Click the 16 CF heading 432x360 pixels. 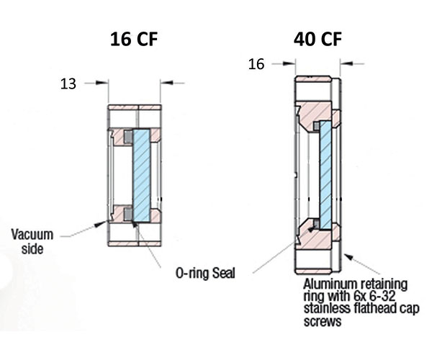click(133, 39)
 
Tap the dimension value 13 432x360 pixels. click(68, 84)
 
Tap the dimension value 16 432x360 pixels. click(256, 64)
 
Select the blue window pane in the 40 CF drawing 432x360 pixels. click(325, 174)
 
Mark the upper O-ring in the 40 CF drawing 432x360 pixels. click(316, 127)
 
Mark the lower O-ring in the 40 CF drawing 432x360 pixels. click(315, 225)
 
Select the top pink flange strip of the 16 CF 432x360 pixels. click(135, 108)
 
